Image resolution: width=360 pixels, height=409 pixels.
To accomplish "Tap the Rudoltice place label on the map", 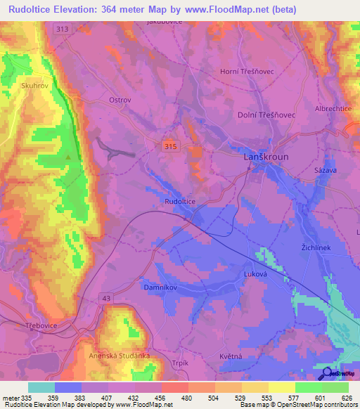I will point(180,202).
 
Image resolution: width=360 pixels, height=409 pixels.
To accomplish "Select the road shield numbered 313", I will point(61,28).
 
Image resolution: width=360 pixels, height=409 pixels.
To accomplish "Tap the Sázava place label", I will point(324,171).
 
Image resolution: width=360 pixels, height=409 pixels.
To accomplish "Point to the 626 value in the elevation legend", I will point(345,397).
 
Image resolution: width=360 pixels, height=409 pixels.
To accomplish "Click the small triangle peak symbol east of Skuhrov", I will point(67,157).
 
